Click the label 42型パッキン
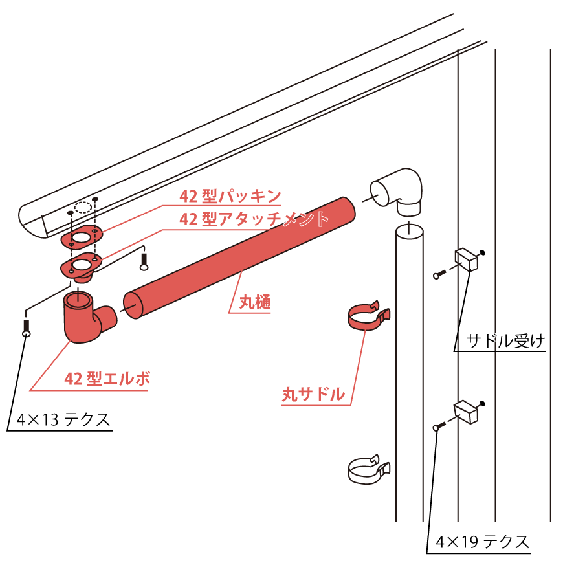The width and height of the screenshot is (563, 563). (230, 196)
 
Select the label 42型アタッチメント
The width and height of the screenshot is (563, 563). (254, 219)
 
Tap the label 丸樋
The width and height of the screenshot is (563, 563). (255, 302)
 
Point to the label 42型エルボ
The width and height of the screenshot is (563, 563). (107, 379)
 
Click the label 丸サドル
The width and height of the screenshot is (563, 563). (313, 394)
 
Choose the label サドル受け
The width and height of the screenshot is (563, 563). (505, 341)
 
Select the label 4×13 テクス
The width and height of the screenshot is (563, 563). (63, 419)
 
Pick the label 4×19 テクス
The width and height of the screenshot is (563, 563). (483, 542)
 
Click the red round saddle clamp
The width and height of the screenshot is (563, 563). (368, 316)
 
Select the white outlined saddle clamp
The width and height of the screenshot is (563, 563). (368, 470)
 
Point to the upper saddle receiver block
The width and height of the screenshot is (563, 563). (467, 259)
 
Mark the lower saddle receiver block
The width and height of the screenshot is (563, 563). (466, 412)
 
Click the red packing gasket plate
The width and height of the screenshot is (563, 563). (82, 237)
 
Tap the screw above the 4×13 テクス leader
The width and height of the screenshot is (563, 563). (27, 327)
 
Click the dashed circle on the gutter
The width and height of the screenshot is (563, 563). (83, 208)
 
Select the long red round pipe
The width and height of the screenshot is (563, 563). (239, 258)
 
